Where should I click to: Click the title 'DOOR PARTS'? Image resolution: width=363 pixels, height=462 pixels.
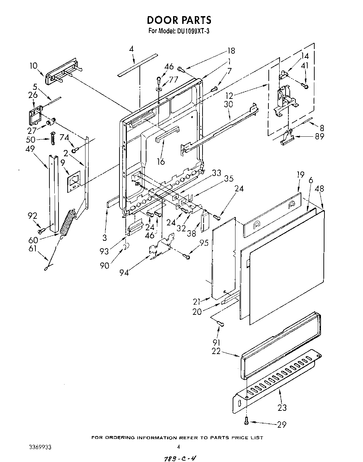pos(179,20)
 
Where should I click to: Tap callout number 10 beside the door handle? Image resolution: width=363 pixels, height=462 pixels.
pos(33,66)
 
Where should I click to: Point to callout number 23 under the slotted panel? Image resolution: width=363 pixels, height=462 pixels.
pos(282,407)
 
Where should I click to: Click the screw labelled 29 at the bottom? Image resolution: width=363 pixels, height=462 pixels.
pos(247,421)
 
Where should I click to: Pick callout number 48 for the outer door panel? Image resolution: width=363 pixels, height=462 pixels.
pos(320,189)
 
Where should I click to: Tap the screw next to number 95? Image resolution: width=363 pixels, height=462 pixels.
pos(187,257)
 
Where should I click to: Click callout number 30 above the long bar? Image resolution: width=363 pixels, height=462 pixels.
pos(228,104)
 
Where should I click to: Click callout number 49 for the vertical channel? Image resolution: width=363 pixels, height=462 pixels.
pos(30,149)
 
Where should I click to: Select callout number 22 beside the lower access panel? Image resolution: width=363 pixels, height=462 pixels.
pos(216,351)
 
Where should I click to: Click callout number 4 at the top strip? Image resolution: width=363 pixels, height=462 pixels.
pos(131,49)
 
